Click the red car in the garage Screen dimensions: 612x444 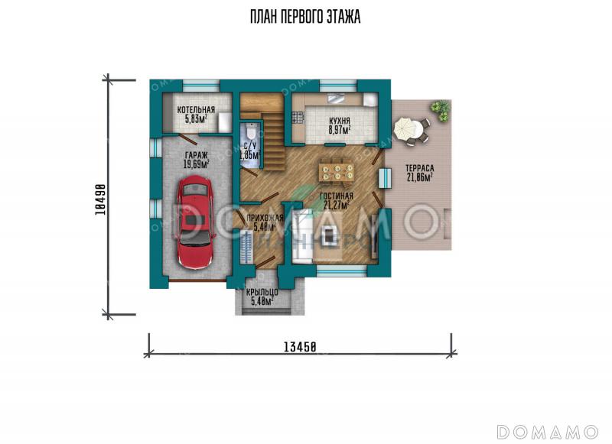tap(196, 222)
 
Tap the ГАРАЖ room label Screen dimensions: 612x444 tap(196, 155)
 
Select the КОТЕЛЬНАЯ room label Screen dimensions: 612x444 tap(196, 110)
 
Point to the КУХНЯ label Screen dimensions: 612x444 tap(339, 121)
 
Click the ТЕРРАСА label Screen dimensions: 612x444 tap(419, 168)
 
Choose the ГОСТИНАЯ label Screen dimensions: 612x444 tap(337, 196)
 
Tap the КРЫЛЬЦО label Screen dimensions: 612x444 tap(262, 292)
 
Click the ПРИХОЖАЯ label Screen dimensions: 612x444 tap(264, 219)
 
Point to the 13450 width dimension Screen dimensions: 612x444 tap(300, 346)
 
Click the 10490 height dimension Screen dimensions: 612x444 tap(99, 199)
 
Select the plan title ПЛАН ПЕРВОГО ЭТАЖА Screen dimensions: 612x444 tap(305, 17)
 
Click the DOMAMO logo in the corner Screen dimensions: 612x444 tap(547, 432)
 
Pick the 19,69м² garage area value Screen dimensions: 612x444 tap(196, 164)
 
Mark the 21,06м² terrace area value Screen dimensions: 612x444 tap(419, 177)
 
